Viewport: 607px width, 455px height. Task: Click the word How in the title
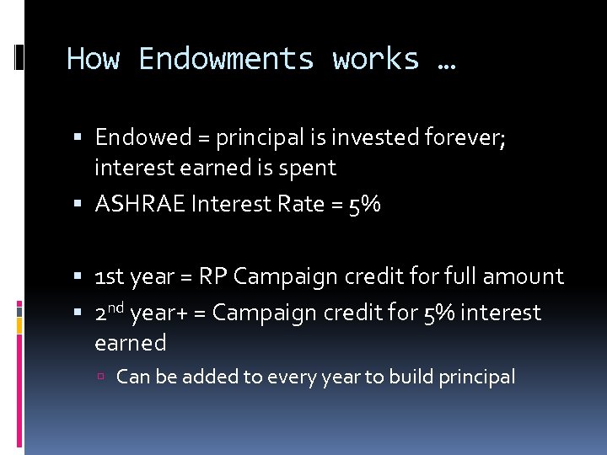click(94, 59)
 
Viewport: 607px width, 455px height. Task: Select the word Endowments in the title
click(227, 59)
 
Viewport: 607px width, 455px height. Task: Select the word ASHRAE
click(141, 204)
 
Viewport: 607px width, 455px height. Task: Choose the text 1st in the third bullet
click(111, 276)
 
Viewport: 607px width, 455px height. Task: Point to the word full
click(469, 276)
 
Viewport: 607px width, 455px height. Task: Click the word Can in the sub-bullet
click(133, 377)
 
